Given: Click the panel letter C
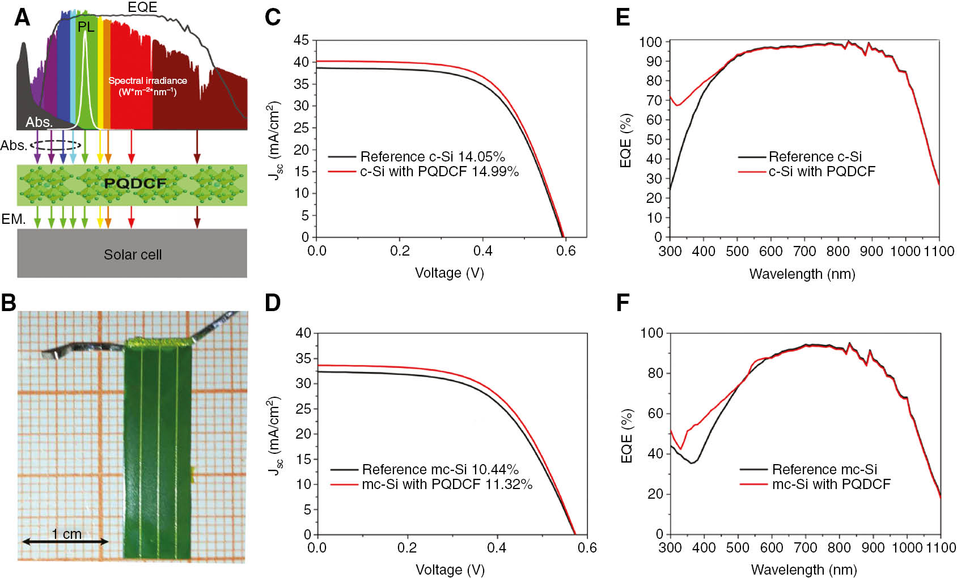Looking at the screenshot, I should pyautogui.click(x=273, y=17).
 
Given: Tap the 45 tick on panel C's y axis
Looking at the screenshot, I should pyautogui.click(x=301, y=40).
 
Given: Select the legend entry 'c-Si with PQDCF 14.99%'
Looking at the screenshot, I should pyautogui.click(x=439, y=171).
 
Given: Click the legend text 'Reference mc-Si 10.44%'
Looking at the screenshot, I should pyautogui.click(x=440, y=469).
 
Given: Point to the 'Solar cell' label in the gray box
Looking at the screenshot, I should pyautogui.click(x=133, y=254).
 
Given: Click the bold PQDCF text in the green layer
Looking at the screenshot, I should pyautogui.click(x=135, y=184).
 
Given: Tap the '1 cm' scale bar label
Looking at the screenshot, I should pyautogui.click(x=66, y=534).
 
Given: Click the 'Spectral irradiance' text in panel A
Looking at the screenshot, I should pyautogui.click(x=147, y=80).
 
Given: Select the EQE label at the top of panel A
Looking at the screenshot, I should pyautogui.click(x=142, y=7).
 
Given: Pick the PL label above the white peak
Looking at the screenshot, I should pyautogui.click(x=86, y=27).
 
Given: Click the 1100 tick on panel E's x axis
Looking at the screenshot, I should pyautogui.click(x=939, y=251).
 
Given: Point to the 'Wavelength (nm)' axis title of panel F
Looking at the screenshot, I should pyautogui.click(x=804, y=569).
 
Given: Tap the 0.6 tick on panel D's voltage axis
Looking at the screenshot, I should pyautogui.click(x=587, y=547).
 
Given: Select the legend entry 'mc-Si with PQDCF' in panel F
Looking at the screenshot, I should pyautogui.click(x=831, y=484).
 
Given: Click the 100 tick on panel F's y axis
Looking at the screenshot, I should pyautogui.click(x=651, y=333).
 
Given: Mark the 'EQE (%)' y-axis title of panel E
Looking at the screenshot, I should pyautogui.click(x=626, y=141).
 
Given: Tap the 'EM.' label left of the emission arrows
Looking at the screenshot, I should pyautogui.click(x=13, y=219).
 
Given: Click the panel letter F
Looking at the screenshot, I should pyautogui.click(x=623, y=303).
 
